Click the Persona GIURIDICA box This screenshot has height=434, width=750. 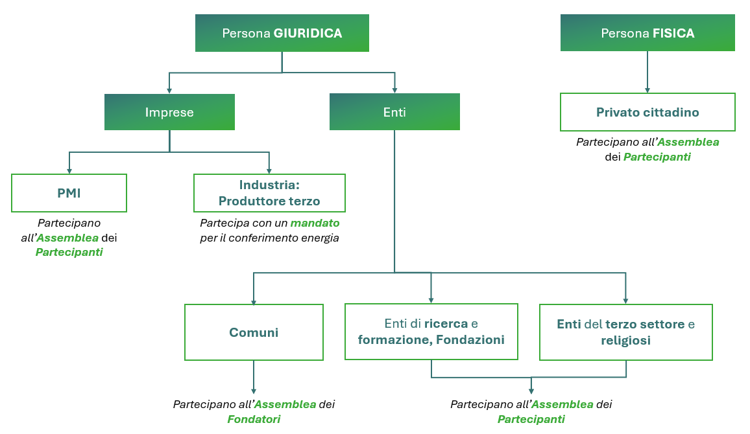pos(282,33)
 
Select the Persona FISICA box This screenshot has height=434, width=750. pos(647,33)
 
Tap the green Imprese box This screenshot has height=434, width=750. pos(169,112)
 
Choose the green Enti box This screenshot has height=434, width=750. pos(394,112)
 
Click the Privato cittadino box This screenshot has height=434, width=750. pos(647,112)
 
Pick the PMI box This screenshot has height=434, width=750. pos(69,193)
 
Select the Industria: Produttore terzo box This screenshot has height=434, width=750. pos(269,193)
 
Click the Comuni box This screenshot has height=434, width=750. pos(254,332)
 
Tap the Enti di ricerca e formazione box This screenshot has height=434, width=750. pos(431,332)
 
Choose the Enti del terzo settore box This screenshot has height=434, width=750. pos(625,332)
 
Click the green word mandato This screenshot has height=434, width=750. pos(315,223)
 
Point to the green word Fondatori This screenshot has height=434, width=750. pos(254,419)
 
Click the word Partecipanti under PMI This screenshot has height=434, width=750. pos(69,252)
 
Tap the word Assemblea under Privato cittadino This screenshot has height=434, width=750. pos(688,142)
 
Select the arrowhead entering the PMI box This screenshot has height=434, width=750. pos(69,170)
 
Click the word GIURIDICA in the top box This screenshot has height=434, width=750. pos(308,33)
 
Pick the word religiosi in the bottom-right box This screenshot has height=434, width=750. pos(625,340)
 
